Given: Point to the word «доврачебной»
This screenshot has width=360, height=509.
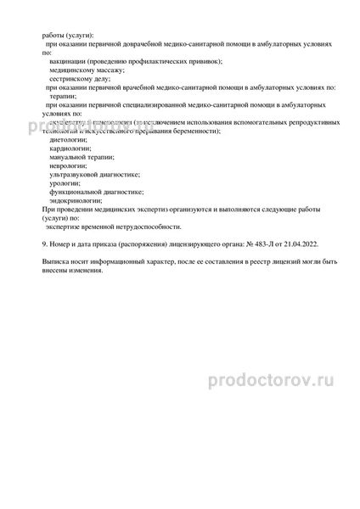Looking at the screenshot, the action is tap(130, 41).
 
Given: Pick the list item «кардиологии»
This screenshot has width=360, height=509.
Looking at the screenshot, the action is tap(73, 148).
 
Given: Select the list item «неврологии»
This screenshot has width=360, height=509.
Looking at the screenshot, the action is tap(70, 165).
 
